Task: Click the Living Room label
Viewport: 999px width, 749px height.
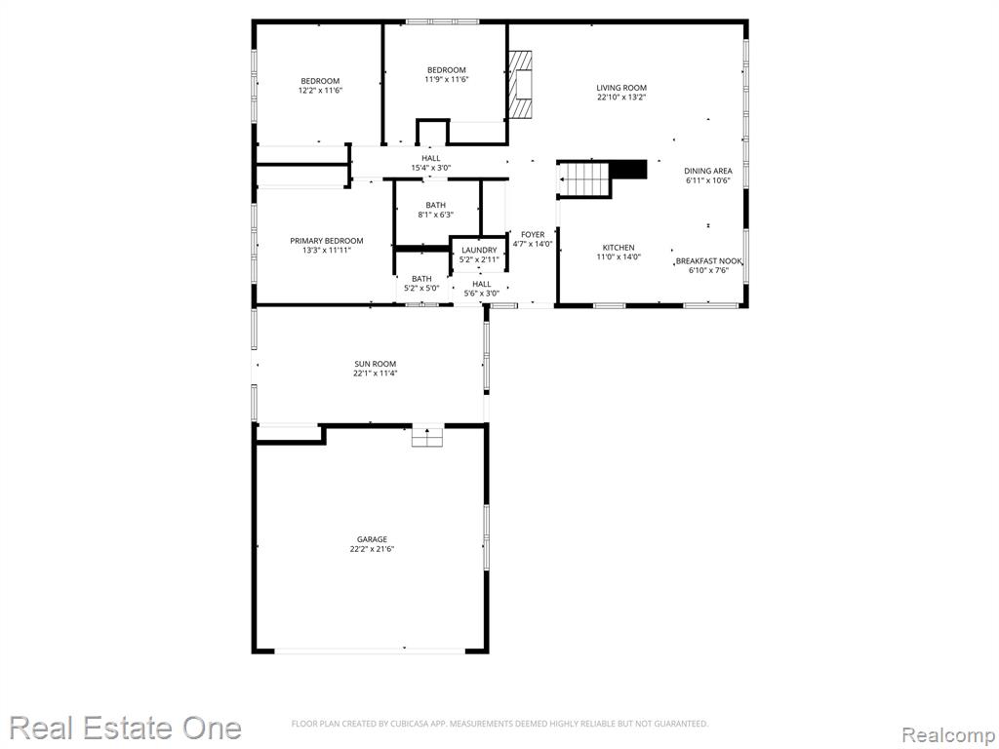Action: click(x=621, y=88)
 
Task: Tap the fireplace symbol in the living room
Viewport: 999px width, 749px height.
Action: click(x=520, y=84)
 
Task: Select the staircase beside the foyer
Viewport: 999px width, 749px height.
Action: click(x=585, y=179)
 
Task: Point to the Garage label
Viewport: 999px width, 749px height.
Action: click(x=372, y=539)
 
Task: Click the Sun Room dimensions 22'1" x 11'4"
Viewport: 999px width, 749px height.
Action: click(x=376, y=374)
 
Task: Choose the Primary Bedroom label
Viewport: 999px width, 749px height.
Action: click(x=327, y=241)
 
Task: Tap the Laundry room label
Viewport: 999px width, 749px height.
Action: click(x=479, y=251)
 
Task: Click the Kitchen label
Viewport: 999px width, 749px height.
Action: click(x=619, y=248)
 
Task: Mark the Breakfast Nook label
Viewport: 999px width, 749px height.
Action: click(x=708, y=261)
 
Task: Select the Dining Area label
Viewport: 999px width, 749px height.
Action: click(x=708, y=171)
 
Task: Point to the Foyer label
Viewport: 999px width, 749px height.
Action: click(x=533, y=234)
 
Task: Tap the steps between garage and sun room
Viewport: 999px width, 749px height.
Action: click(x=427, y=436)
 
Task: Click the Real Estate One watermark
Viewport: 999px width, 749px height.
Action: click(x=125, y=728)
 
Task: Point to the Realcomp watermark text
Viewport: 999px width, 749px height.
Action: click(x=948, y=735)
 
